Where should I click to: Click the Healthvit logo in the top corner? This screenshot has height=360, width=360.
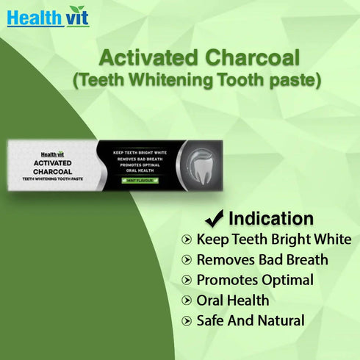click(47, 16)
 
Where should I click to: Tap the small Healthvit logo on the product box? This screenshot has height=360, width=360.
click(52, 154)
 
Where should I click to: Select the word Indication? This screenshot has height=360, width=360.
click(271, 218)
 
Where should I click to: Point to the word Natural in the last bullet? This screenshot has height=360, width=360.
click(279, 321)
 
